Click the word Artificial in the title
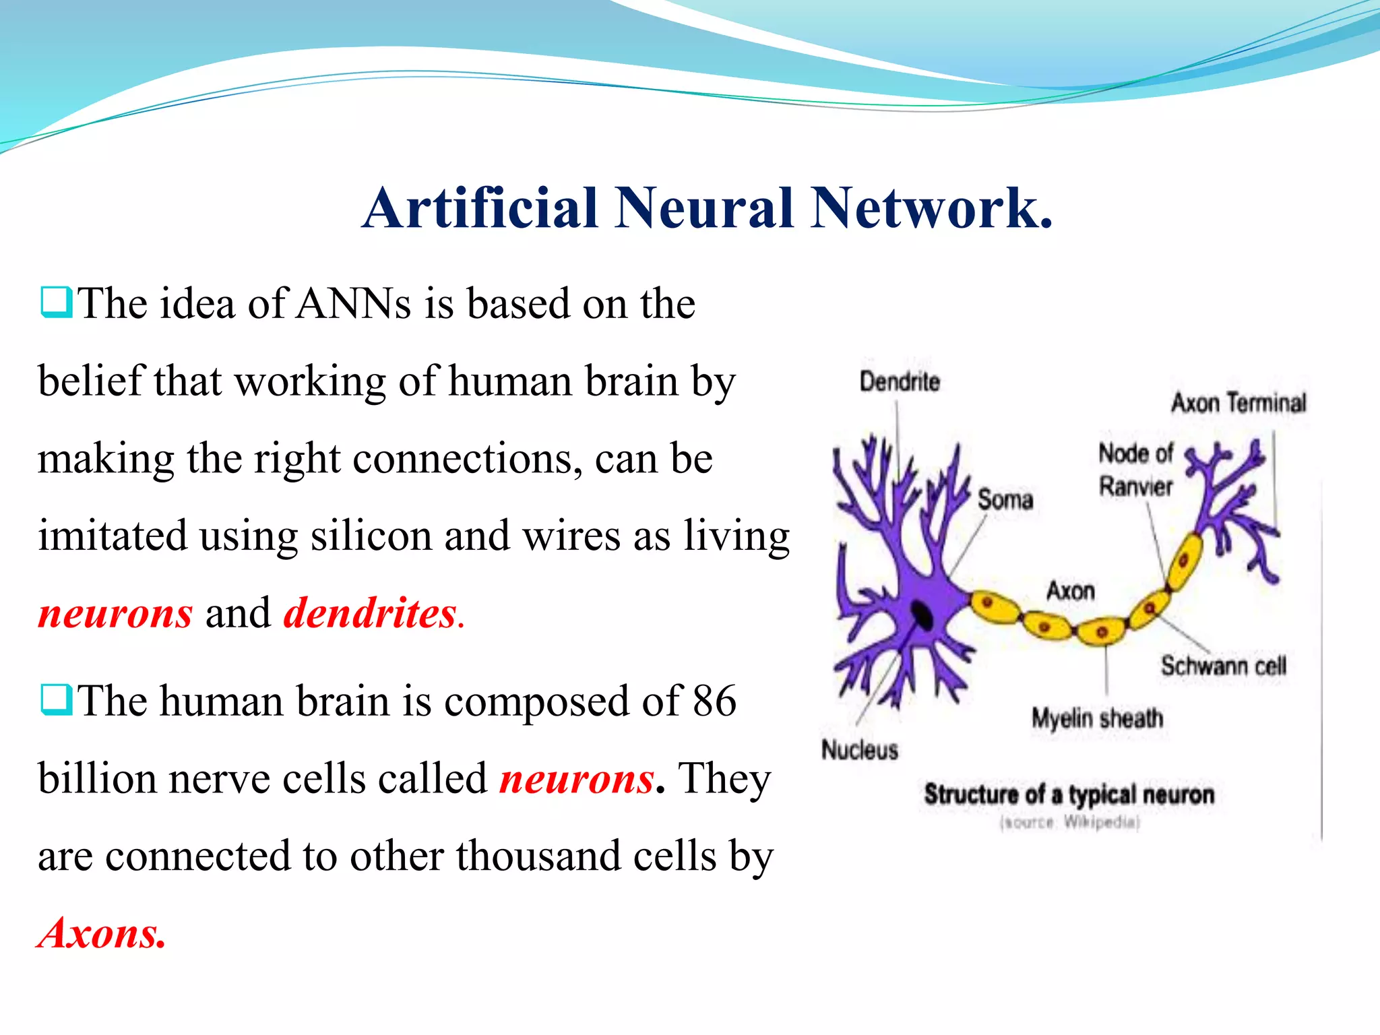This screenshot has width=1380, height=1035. (x=480, y=208)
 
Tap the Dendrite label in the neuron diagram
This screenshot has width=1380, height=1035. (x=900, y=382)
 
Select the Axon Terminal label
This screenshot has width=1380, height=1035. (x=1238, y=403)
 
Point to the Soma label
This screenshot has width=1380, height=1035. (x=1005, y=499)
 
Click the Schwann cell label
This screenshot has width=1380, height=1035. (x=1223, y=666)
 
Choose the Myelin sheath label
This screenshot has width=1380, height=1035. (x=1097, y=718)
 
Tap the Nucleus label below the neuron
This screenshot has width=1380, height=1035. (x=859, y=749)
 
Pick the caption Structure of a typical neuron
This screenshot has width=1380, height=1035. (x=1069, y=794)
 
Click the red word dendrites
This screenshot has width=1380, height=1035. (x=371, y=613)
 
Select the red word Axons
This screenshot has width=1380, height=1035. (x=102, y=933)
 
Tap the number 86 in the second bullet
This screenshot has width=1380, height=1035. (x=714, y=701)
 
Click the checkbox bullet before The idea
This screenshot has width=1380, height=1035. (x=56, y=303)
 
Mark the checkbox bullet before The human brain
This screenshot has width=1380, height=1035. (x=56, y=700)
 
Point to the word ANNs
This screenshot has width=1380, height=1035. (x=354, y=304)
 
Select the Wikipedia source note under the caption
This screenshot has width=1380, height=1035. (x=1069, y=823)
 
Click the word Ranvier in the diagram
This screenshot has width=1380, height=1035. (x=1135, y=486)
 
